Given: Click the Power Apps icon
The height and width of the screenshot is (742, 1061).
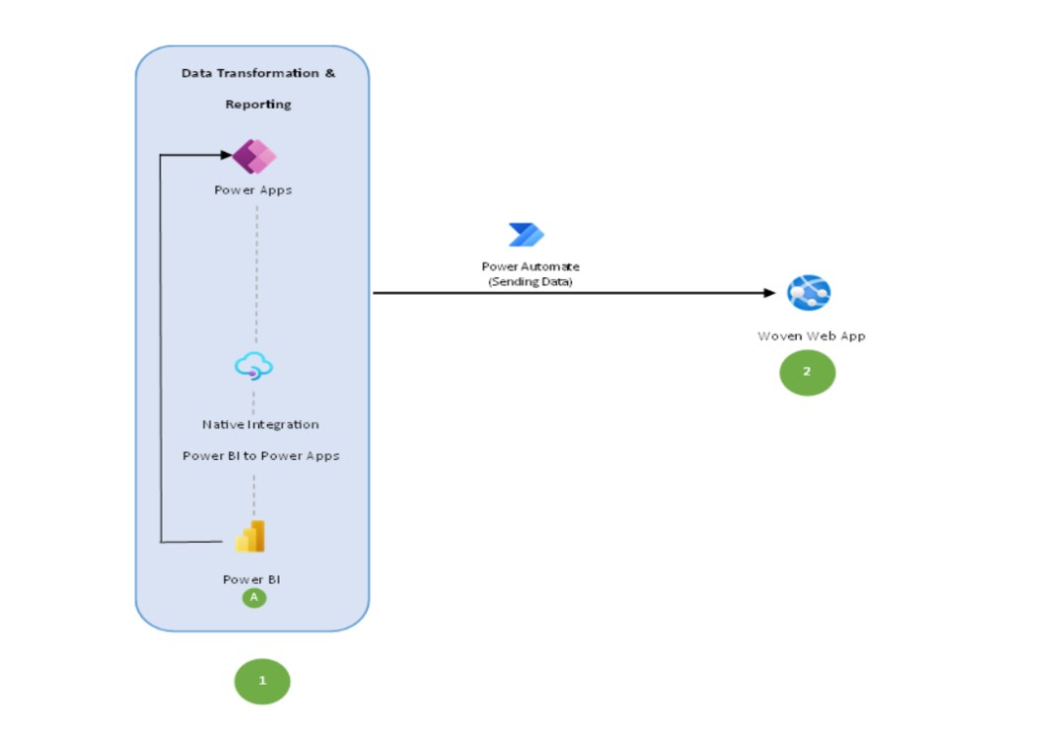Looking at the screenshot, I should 254,156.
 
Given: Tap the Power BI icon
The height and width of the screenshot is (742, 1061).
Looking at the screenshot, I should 250,537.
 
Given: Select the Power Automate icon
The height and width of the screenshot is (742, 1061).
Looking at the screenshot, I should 527,235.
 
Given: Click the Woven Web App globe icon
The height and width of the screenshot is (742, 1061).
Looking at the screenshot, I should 809,293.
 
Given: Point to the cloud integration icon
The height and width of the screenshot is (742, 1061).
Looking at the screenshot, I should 253,367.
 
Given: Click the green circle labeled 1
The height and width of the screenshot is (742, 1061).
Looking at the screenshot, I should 262,681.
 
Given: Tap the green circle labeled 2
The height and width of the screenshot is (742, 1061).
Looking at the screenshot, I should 808,372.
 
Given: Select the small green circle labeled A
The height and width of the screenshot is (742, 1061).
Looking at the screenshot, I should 253,597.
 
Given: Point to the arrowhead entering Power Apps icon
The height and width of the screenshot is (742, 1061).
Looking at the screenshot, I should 226,155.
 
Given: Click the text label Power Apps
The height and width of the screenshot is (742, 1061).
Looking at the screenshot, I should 253,190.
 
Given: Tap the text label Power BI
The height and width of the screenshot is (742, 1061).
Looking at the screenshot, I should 251,579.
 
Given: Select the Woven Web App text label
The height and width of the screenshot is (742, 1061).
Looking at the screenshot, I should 811,335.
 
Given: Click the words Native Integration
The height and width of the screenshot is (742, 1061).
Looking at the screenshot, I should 260,424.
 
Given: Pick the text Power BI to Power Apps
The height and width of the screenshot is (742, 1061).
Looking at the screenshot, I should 260,456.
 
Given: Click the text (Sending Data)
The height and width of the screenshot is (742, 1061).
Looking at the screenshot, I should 530,281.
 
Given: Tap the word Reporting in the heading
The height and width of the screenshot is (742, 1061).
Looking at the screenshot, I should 258,105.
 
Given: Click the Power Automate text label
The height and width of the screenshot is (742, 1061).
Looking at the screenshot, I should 530,266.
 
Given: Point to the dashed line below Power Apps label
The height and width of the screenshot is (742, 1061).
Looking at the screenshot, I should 256,266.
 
